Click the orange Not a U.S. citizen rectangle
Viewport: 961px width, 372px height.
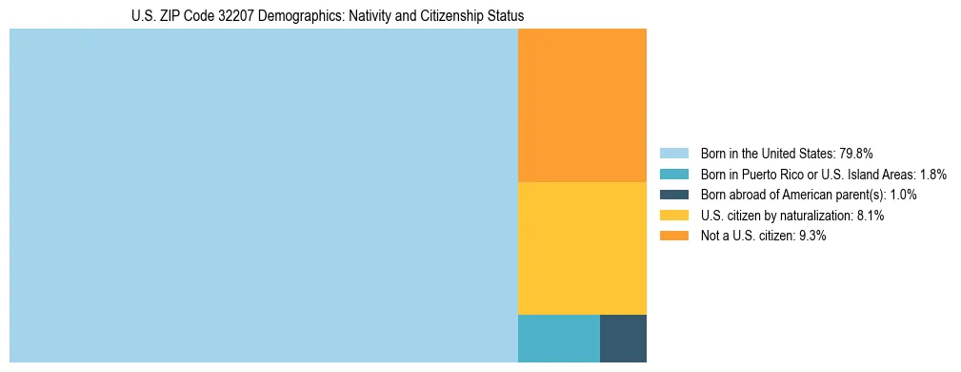pos(582,105)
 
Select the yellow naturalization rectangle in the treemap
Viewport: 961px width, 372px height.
pos(582,248)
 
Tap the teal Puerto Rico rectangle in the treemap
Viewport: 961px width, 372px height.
pos(558,338)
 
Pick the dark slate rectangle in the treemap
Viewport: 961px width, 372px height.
pos(623,338)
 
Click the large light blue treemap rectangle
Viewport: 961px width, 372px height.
pos(263,196)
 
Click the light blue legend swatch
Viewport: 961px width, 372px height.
pos(673,154)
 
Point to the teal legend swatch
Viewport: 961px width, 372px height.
pos(673,175)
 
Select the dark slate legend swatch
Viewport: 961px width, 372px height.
pos(673,195)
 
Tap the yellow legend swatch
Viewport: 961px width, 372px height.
pos(673,216)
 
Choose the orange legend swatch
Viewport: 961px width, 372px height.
pos(673,236)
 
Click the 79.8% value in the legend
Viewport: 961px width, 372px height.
pos(856,154)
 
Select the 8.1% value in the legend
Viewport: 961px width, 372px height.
pos(870,216)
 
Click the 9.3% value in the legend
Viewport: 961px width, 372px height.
pos(811,236)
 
